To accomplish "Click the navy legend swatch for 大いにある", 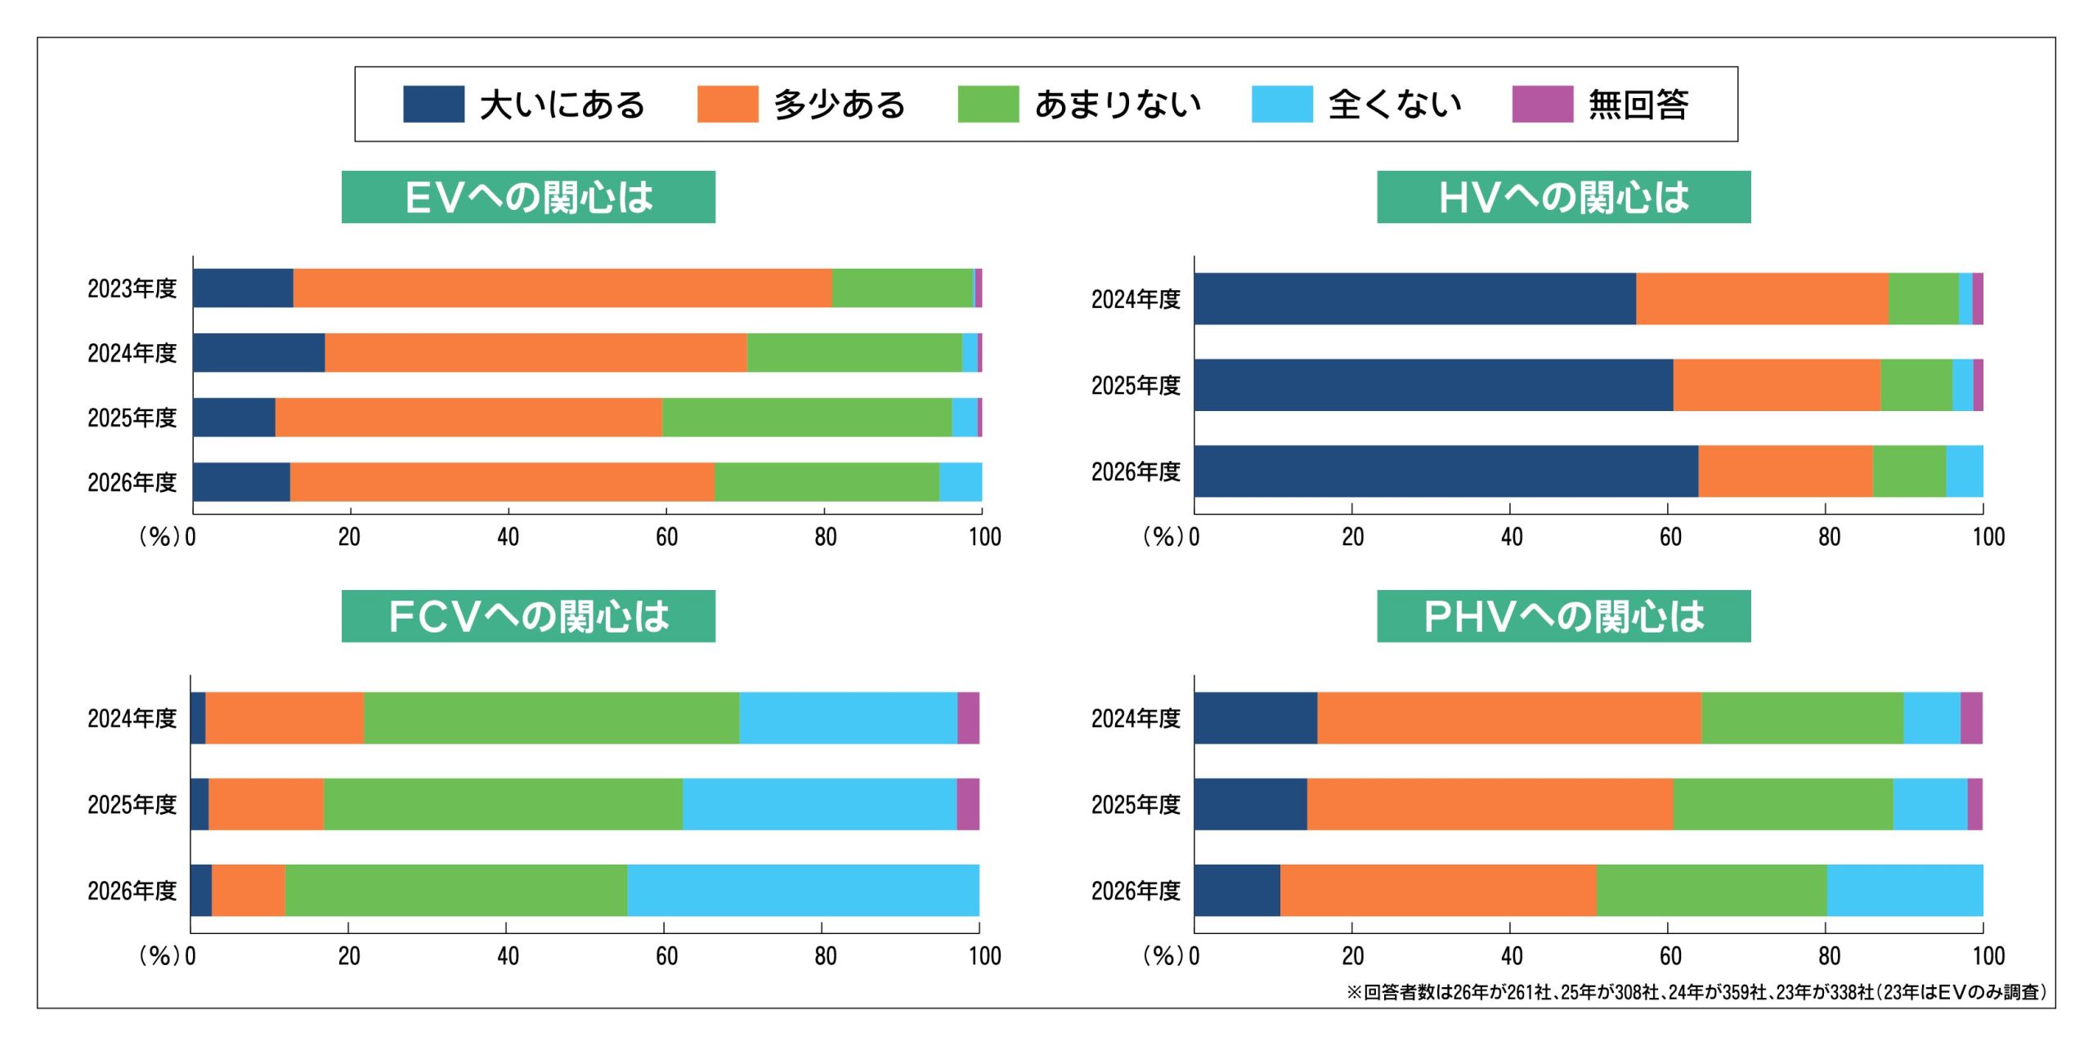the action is coord(433,104).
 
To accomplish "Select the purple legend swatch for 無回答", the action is coord(1542,104).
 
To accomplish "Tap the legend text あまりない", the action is coord(1118,105).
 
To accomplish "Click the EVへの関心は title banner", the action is coord(528,197).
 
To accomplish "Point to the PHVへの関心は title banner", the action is coord(1563,616).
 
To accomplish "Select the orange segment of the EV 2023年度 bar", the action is coord(562,288).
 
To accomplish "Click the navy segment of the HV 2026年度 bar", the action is coord(1445,471).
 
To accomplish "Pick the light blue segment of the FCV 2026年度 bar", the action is coord(803,890).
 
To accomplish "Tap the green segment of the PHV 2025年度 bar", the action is coord(1782,804).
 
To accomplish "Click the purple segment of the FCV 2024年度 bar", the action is coord(968,717).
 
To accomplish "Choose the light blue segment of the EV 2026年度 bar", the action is coord(961,482).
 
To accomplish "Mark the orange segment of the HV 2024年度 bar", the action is coord(1762,298).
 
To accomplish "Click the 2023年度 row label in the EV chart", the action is coord(132,288).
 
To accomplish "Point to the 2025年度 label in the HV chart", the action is coord(1136,385).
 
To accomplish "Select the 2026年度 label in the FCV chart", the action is coord(132,890).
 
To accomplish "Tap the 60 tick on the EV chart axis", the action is coord(666,537).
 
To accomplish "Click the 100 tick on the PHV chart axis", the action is coord(1988,955).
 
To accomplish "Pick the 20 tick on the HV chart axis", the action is coord(1352,537).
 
